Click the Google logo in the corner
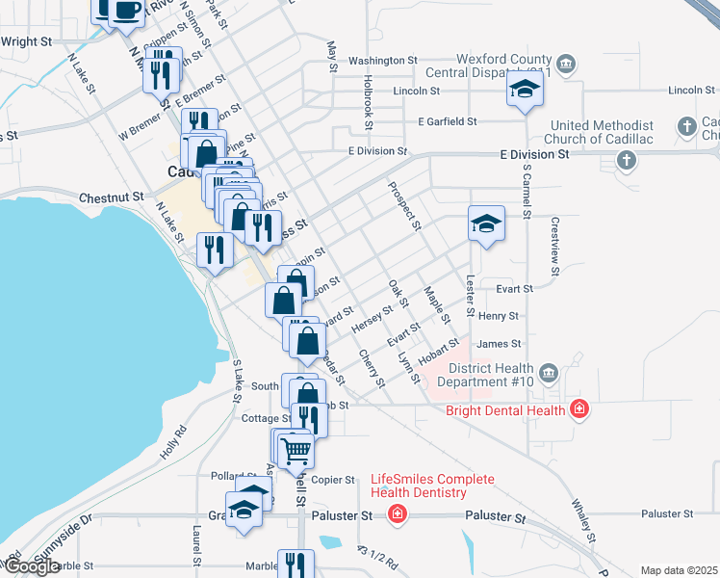(32, 566)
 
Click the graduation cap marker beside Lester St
(487, 224)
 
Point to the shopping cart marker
(296, 448)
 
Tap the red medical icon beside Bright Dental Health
(579, 409)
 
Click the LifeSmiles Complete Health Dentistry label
(433, 486)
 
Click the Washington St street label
(382, 60)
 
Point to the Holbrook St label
(368, 98)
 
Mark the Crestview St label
(554, 245)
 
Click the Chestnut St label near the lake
(112, 197)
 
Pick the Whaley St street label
(585, 520)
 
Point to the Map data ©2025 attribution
(680, 570)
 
